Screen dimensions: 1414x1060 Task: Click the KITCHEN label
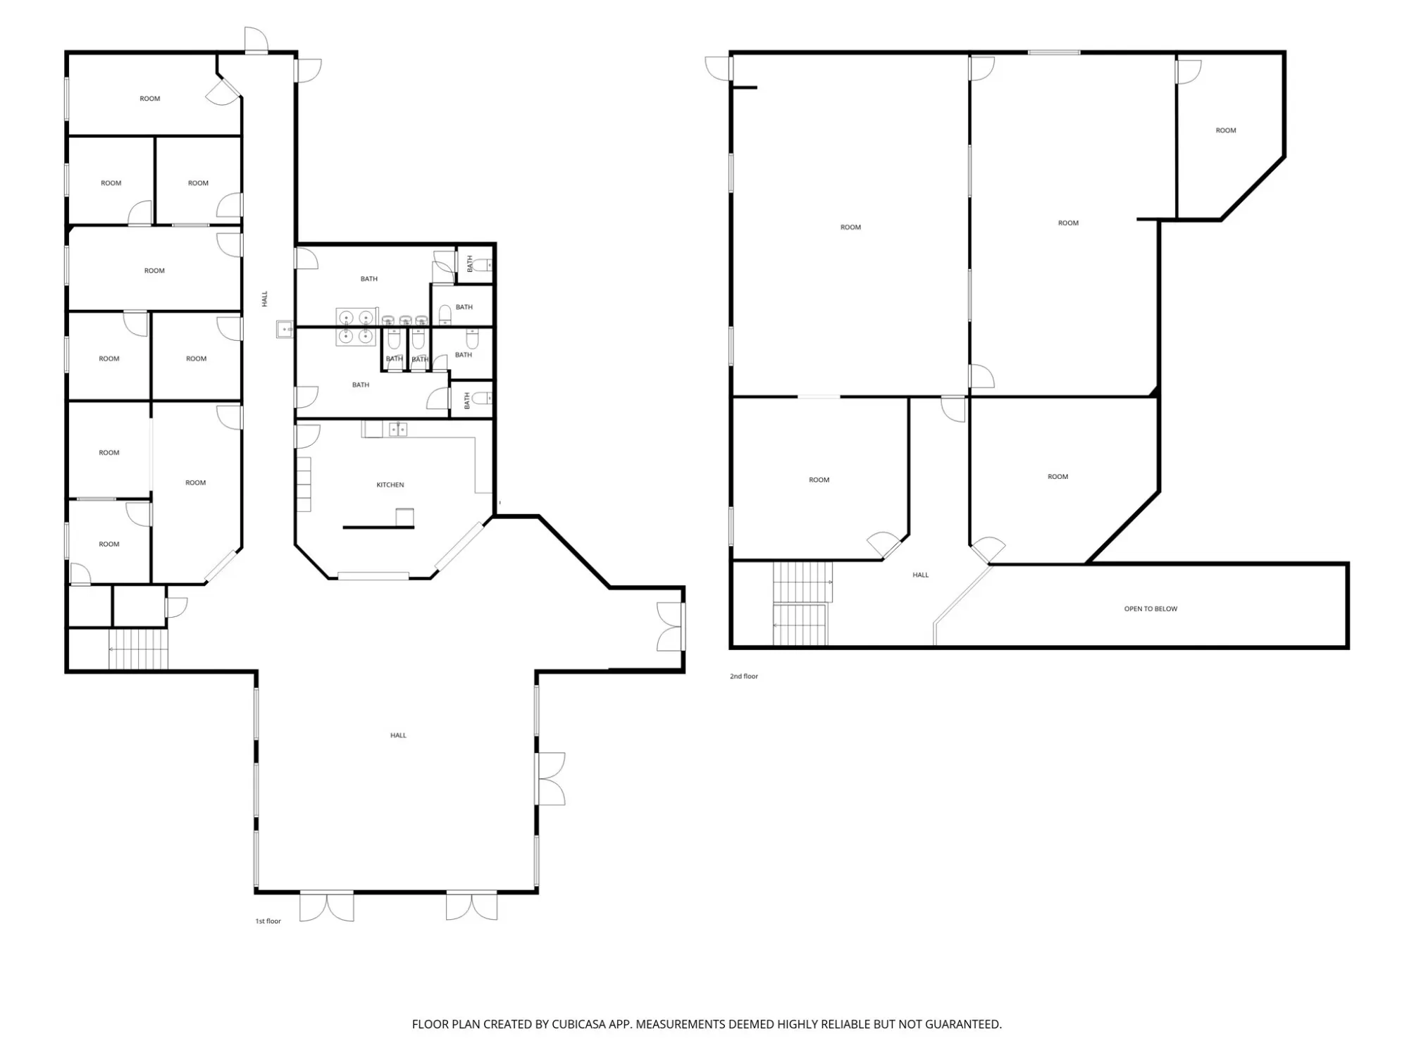[390, 485]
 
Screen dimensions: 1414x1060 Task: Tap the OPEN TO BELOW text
[1151, 609]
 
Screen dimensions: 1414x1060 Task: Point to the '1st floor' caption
[268, 921]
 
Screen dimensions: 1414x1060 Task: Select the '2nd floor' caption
[744, 676]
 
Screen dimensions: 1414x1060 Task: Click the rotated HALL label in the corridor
[265, 299]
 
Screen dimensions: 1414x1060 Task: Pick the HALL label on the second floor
[920, 575]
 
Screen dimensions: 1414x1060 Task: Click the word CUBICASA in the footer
[578, 1024]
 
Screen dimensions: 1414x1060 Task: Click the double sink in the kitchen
[398, 429]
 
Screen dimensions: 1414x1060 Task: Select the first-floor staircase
[139, 649]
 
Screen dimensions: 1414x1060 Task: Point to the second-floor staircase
[802, 604]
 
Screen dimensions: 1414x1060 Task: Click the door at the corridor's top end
[256, 40]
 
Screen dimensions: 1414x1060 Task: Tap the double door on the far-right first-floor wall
[671, 626]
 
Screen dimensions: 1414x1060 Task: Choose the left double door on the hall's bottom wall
[327, 906]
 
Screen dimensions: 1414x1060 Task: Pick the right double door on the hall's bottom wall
[472, 906]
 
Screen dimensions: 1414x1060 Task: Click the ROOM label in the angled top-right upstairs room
[1226, 130]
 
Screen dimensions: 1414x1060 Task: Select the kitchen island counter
[378, 527]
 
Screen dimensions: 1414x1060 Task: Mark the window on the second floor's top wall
[1054, 52]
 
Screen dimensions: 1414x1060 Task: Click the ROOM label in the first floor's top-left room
[150, 99]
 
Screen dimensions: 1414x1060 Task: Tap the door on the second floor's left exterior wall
[719, 69]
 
